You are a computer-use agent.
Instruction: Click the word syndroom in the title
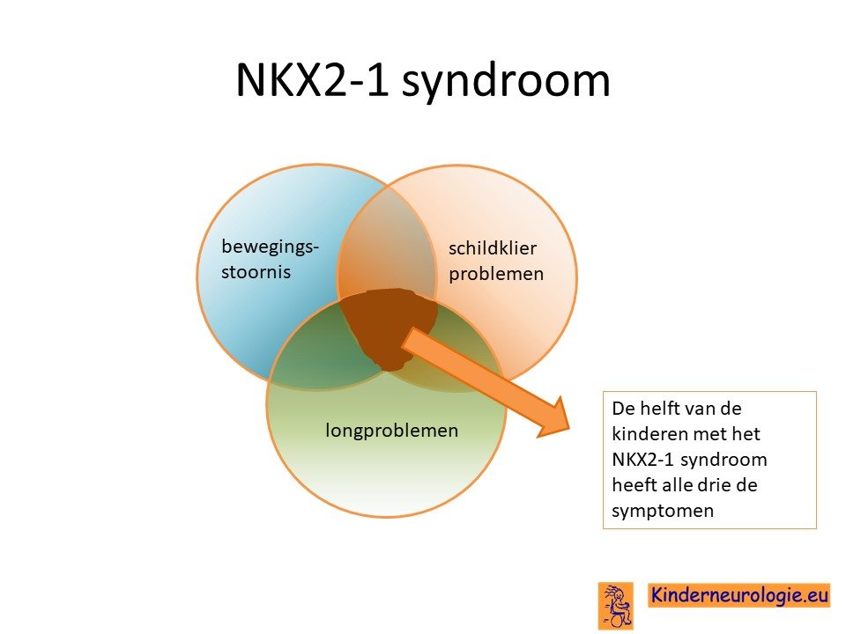point(506,81)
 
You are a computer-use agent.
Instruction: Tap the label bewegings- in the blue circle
point(271,247)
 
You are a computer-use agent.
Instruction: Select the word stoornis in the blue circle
point(256,272)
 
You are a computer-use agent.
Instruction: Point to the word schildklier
point(493,248)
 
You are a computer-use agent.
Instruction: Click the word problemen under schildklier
point(496,274)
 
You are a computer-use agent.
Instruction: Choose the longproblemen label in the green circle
point(391,431)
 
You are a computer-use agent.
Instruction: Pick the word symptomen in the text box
point(663,511)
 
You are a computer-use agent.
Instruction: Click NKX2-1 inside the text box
point(643,460)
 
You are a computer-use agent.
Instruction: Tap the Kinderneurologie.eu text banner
point(739,595)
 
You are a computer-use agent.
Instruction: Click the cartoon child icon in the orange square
point(616,606)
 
